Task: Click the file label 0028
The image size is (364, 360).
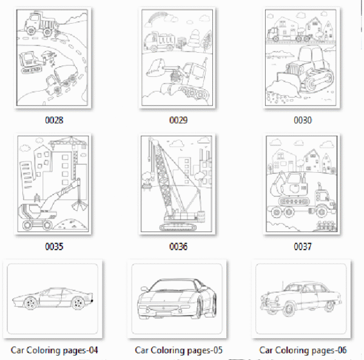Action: point(54,120)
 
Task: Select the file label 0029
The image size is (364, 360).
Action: point(178,120)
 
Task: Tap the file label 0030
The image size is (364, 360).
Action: point(303,120)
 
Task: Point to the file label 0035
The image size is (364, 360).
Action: point(54,246)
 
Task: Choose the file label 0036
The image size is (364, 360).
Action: point(178,246)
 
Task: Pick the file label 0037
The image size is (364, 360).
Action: point(303,246)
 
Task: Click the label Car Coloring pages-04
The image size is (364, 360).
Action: point(55,350)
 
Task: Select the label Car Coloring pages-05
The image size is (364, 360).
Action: point(178,350)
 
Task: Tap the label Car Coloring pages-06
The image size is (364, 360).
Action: point(303,350)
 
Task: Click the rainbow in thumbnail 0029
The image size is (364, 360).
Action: point(157,18)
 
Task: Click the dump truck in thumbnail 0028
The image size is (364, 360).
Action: point(41,24)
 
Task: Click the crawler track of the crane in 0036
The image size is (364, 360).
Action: point(178,227)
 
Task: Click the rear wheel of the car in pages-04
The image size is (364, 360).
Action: point(78,303)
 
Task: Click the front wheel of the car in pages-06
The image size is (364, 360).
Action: point(289,309)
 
